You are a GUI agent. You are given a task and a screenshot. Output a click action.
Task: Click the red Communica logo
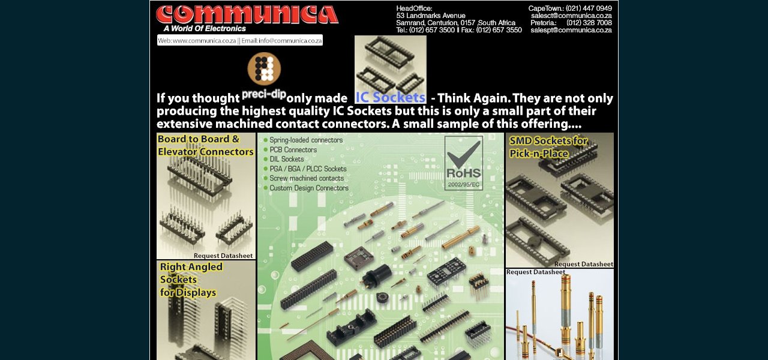tap(247, 14)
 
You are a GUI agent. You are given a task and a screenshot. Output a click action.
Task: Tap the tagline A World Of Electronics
tap(205, 28)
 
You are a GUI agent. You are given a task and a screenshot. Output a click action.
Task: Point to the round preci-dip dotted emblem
tap(264, 68)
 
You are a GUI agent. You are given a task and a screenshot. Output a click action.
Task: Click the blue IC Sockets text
tap(390, 97)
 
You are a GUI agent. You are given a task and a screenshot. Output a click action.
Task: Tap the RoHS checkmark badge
tap(463, 163)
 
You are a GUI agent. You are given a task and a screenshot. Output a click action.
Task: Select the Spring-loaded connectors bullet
tap(305, 140)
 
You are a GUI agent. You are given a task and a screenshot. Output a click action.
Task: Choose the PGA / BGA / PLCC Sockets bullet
tap(307, 169)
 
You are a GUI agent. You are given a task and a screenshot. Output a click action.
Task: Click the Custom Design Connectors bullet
tap(308, 188)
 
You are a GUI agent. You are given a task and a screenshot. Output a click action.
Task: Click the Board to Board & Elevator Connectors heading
tap(205, 146)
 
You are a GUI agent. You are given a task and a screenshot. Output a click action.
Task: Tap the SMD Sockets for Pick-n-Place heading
tap(548, 147)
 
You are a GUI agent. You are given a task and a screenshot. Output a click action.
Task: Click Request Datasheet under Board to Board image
tap(223, 256)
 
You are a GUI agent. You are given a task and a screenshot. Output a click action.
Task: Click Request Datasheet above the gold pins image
tap(535, 272)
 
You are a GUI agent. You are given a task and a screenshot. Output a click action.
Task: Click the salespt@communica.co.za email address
tap(571, 30)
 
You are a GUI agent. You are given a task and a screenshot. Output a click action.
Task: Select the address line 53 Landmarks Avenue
tap(430, 16)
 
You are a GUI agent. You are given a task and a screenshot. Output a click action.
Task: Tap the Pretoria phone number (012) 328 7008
tap(589, 23)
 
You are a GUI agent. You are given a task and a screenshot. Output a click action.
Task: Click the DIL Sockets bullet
tap(286, 160)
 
